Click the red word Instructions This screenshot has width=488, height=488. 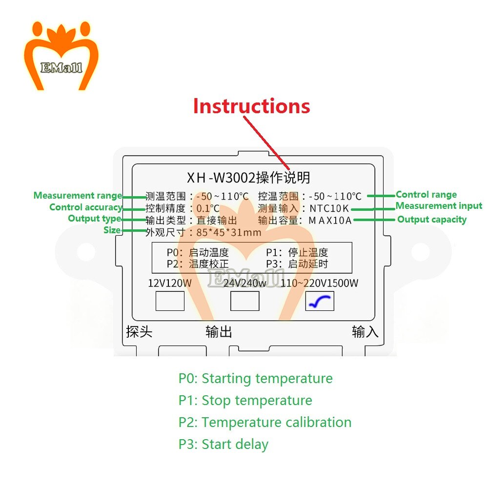coord(251,106)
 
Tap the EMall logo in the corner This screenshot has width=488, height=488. coord(61,56)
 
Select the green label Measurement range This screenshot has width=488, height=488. coord(78,196)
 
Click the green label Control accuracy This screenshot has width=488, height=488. coord(85,207)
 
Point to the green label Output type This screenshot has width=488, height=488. coord(94,219)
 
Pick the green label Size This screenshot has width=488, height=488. coord(112,230)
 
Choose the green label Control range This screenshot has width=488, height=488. coord(426,195)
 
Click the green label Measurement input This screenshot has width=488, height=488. coord(438,206)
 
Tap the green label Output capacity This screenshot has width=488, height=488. coord(431,220)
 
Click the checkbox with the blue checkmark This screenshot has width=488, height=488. coord(320,301)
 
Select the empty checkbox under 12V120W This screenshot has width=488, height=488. coord(170,301)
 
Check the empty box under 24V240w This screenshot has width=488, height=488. coord(244,301)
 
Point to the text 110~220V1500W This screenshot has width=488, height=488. coord(320,283)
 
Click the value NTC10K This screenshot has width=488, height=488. coord(329,208)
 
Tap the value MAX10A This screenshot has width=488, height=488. coord(330,220)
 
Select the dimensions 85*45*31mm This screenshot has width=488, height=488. coord(229,232)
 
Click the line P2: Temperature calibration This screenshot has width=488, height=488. coord(264,423)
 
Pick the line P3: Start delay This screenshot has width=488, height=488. coord(223,445)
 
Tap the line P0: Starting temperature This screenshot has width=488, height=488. coord(255,379)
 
